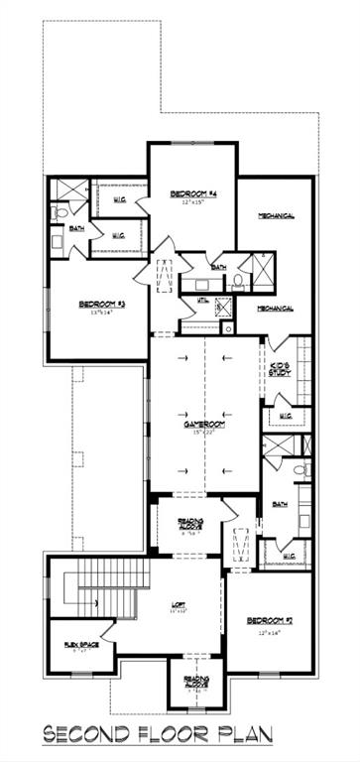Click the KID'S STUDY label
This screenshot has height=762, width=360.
point(282,371)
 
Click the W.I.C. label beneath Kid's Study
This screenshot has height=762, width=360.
point(284,416)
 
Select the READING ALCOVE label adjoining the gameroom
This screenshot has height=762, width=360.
point(190,524)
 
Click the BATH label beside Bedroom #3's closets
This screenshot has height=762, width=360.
point(76,228)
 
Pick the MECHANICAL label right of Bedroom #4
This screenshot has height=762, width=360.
point(275,215)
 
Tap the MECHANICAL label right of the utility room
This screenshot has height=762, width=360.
point(275,309)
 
